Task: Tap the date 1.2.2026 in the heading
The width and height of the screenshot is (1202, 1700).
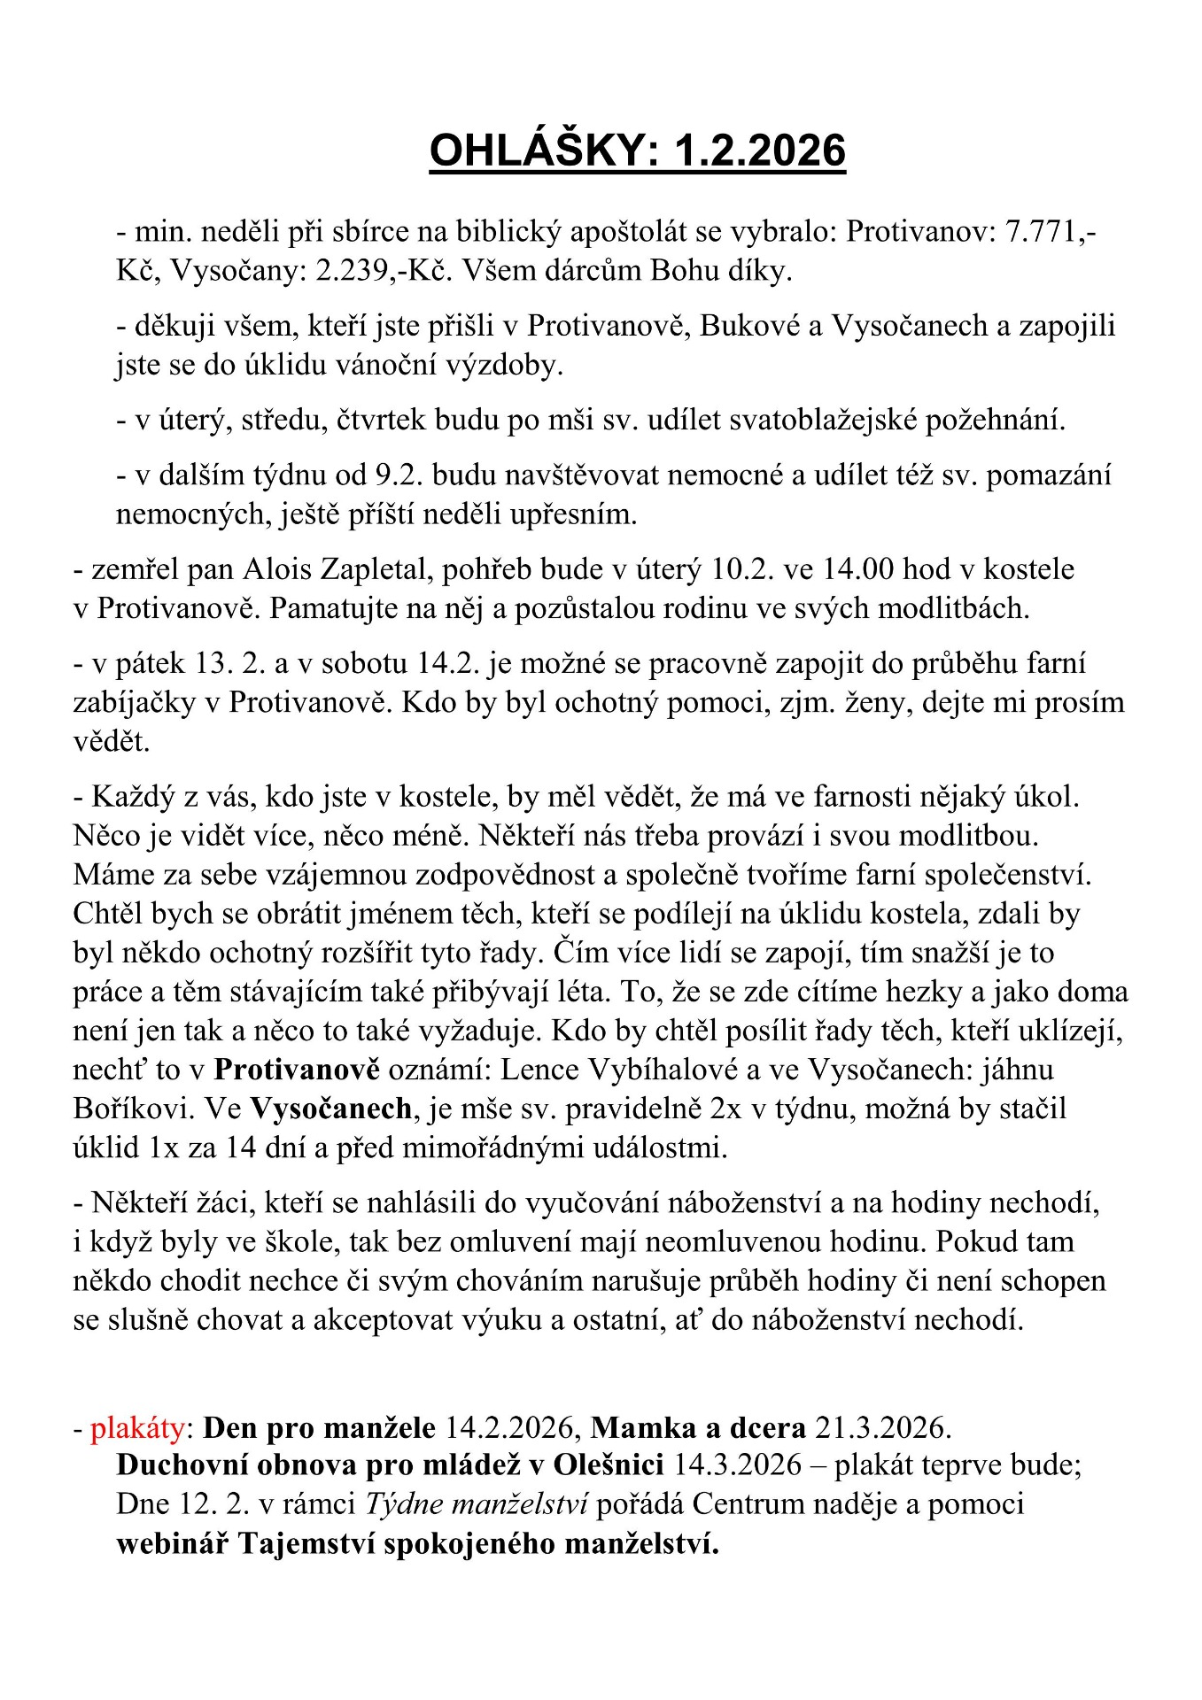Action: (x=759, y=151)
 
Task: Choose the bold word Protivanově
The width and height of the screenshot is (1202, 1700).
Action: (x=297, y=1070)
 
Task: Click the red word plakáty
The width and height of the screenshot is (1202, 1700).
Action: (x=137, y=1428)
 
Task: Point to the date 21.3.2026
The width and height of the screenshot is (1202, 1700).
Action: (x=882, y=1428)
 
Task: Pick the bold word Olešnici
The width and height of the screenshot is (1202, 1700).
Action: (x=609, y=1465)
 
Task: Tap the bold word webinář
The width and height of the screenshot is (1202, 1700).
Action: (x=172, y=1543)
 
